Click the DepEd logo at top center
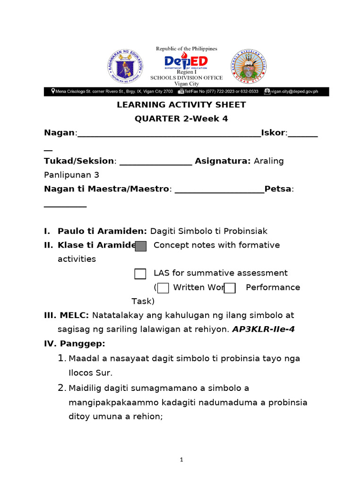click(186, 61)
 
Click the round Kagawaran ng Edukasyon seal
click(125, 67)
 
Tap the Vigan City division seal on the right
click(248, 67)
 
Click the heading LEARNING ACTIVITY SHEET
click(181, 104)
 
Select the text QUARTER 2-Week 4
click(181, 119)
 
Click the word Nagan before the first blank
click(59, 133)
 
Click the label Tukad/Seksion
click(78, 161)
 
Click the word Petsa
click(278, 189)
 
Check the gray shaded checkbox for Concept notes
click(140, 246)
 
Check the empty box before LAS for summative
click(140, 274)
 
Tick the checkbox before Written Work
click(163, 288)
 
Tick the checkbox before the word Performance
click(230, 288)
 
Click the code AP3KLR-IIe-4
click(263, 329)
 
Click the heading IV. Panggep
click(74, 343)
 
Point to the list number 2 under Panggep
click(61, 388)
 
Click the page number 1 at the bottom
click(181, 460)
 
